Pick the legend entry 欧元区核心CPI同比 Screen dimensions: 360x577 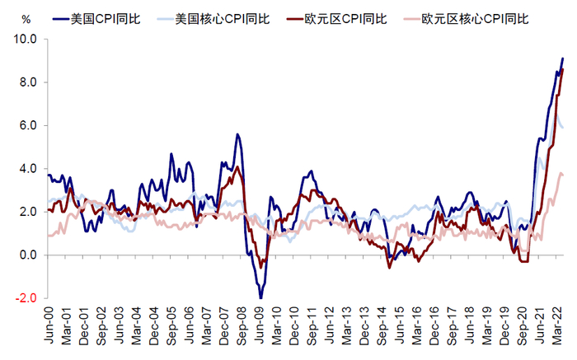pos(475,17)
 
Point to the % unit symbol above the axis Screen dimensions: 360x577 pos(26,18)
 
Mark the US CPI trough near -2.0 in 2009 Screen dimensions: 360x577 pos(260,297)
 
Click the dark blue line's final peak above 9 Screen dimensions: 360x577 pos(562,58)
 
